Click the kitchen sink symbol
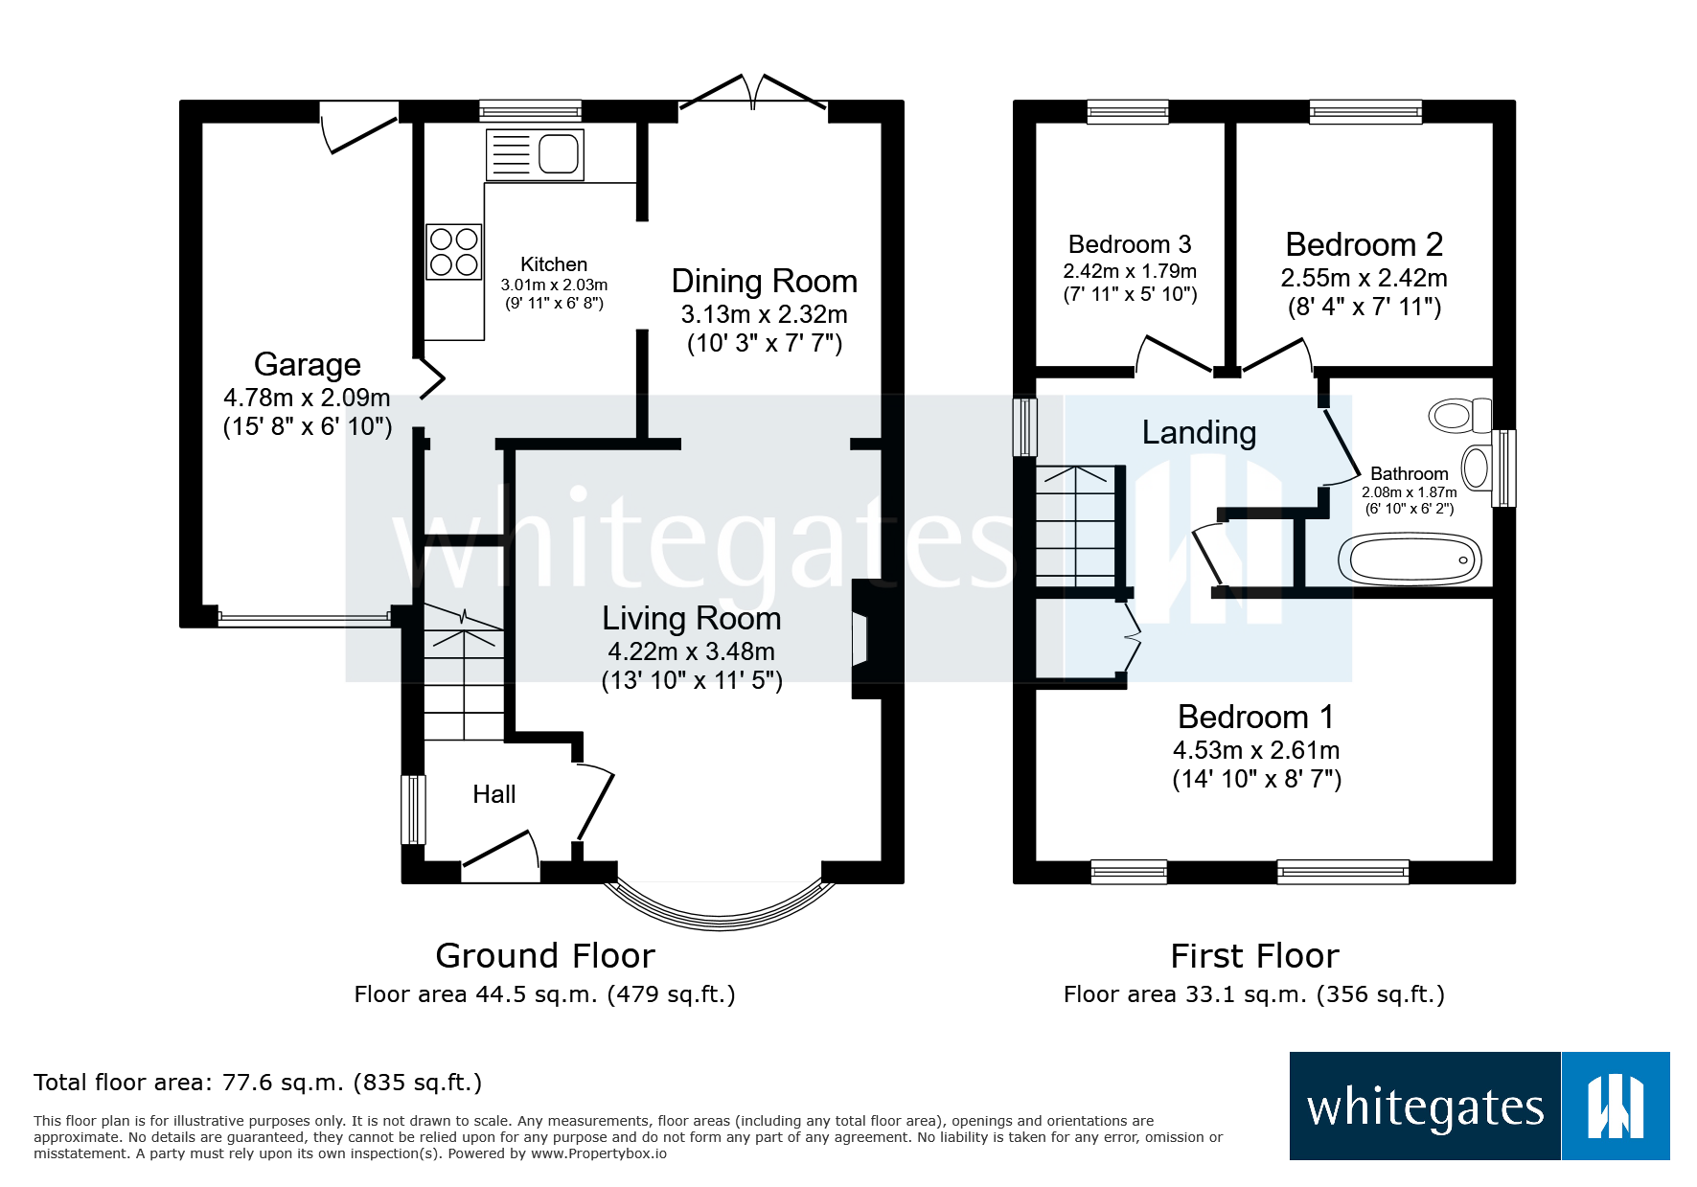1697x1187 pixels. coord(535,153)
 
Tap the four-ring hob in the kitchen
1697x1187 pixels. coord(453,251)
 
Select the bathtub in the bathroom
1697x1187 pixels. coord(1410,559)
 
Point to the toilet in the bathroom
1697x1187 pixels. coord(1458,416)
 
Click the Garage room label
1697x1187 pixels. coord(307,364)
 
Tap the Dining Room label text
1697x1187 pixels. coord(764,281)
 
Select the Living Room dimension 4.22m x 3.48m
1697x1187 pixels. coord(691,651)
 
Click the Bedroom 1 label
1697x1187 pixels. coord(1255,717)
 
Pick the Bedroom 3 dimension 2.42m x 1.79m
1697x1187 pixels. coord(1130,271)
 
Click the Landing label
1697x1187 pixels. coord(1199,432)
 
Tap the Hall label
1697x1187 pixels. coord(493,794)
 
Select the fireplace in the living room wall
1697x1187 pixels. coord(862,639)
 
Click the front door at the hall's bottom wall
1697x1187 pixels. coord(500,859)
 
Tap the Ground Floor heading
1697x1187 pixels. coord(544,955)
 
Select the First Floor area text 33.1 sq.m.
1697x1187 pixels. coord(1253,994)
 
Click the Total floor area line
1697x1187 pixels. coord(258,1083)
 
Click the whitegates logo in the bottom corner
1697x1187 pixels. coord(1479,1107)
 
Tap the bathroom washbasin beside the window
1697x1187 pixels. coord(1477,468)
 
